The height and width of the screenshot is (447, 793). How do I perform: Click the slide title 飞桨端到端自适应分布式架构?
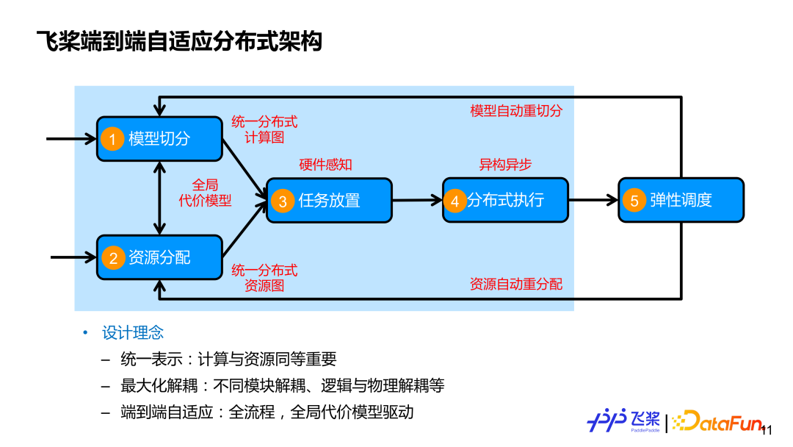[x=179, y=41]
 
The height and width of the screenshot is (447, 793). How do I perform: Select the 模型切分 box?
[x=159, y=138]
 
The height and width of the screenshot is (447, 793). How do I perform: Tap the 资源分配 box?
[x=159, y=257]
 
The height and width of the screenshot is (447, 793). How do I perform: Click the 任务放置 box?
[x=329, y=200]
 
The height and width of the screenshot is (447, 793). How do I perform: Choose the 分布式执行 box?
[x=505, y=200]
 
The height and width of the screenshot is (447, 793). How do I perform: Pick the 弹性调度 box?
[x=681, y=200]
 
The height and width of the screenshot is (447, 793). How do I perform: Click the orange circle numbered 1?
[x=112, y=139]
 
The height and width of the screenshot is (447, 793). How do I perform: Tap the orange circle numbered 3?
[x=282, y=201]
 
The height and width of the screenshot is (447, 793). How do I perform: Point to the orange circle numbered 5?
[x=634, y=201]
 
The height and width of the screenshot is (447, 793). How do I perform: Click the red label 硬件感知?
[x=325, y=165]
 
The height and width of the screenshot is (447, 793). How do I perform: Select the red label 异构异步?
[x=505, y=165]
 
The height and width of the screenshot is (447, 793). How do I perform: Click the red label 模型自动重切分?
[x=516, y=111]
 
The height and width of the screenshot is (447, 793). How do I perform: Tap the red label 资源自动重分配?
[x=516, y=285]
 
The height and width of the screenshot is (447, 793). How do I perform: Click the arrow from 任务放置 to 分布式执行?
[x=417, y=200]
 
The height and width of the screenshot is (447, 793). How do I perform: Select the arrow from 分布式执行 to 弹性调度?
[x=593, y=199]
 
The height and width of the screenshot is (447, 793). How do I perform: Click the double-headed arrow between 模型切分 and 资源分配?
[x=159, y=197]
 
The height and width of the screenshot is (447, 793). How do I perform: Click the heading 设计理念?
[x=133, y=333]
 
